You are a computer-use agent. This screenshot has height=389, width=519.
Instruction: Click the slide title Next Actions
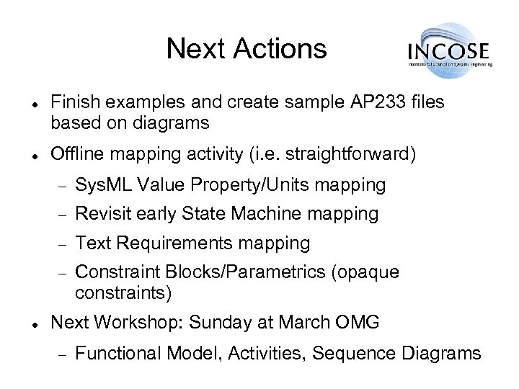click(x=246, y=50)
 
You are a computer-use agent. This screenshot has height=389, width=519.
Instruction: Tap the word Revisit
click(x=102, y=214)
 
